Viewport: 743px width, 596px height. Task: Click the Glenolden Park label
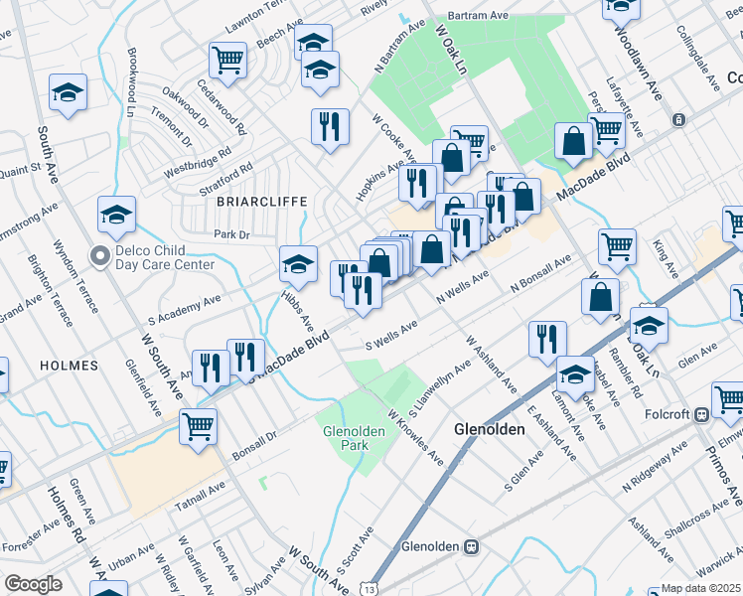point(346,438)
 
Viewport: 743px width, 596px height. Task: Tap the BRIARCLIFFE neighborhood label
point(253,200)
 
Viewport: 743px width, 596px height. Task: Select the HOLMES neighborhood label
point(69,366)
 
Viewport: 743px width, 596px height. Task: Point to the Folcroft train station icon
point(701,413)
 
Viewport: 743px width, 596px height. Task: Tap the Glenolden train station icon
point(473,546)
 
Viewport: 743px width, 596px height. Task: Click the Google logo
point(33,584)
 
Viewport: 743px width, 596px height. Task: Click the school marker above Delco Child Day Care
point(116,214)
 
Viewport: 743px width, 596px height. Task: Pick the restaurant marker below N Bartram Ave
point(330,125)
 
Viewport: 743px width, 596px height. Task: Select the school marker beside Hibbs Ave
point(298,263)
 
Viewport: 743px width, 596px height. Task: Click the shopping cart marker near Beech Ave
point(228,60)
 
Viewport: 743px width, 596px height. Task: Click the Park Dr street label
point(229,234)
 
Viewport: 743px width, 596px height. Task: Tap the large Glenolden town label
point(488,429)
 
